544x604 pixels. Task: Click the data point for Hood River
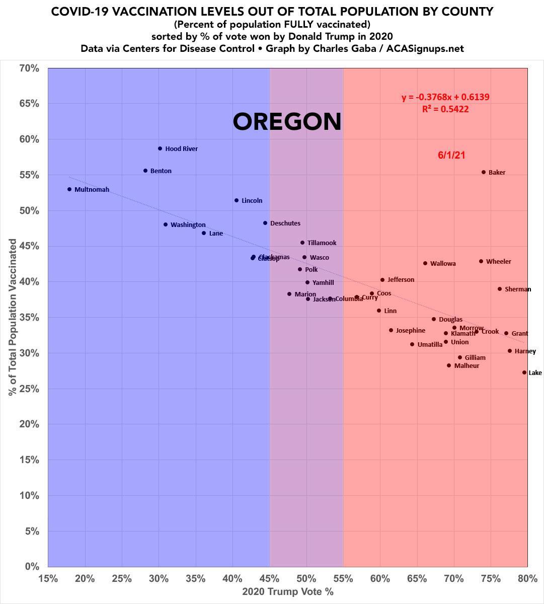tap(160, 148)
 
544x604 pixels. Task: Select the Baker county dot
tap(484, 172)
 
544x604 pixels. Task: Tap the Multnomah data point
tap(69, 189)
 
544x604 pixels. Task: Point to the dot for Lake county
tap(524, 372)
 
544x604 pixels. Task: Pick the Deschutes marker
tap(265, 223)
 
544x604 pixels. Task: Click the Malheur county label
tap(467, 366)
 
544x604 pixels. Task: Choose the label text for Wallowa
tap(443, 264)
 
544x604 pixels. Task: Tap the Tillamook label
tap(322, 243)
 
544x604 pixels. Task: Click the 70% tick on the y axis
tap(29, 68)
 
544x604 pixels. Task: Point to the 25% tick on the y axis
tap(29, 389)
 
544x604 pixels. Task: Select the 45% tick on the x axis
tap(269, 578)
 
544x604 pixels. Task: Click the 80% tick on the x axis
tap(527, 578)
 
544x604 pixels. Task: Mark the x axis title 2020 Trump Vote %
tap(288, 592)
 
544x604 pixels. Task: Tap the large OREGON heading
tap(287, 122)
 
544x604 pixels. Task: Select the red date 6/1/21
tap(451, 155)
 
